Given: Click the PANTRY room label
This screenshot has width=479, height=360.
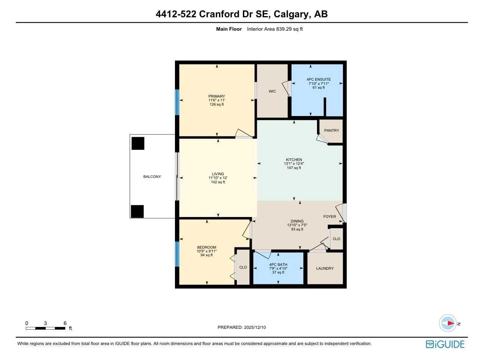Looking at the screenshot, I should [x=332, y=131].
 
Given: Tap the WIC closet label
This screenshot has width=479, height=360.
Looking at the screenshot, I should [x=272, y=91].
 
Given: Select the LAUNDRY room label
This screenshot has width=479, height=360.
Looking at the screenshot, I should [x=325, y=269].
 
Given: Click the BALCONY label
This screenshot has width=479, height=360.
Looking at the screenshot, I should [x=152, y=177].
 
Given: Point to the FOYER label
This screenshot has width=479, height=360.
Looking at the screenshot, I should [x=329, y=217].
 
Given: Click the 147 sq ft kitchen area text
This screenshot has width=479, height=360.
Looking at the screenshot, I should [x=294, y=168].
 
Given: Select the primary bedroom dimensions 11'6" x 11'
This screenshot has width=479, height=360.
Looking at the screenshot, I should [x=217, y=100].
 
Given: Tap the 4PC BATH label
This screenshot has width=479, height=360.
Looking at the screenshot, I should [x=278, y=264].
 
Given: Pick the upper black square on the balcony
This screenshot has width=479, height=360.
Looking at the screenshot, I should [x=138, y=143].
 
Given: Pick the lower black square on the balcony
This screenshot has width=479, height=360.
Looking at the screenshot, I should [x=137, y=211].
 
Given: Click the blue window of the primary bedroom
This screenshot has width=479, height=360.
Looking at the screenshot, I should [x=177, y=102].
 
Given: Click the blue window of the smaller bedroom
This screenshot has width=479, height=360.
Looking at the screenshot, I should [x=177, y=254].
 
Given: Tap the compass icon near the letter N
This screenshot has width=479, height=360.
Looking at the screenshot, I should [x=448, y=324].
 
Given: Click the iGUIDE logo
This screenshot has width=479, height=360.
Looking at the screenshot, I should [x=445, y=344].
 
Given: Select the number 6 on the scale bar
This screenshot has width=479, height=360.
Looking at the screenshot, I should [x=65, y=324].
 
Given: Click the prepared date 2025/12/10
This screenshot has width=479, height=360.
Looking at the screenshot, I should [x=254, y=328].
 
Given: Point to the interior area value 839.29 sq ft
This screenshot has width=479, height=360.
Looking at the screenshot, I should [x=289, y=29].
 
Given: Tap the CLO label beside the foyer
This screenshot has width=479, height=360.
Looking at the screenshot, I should [x=336, y=239].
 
